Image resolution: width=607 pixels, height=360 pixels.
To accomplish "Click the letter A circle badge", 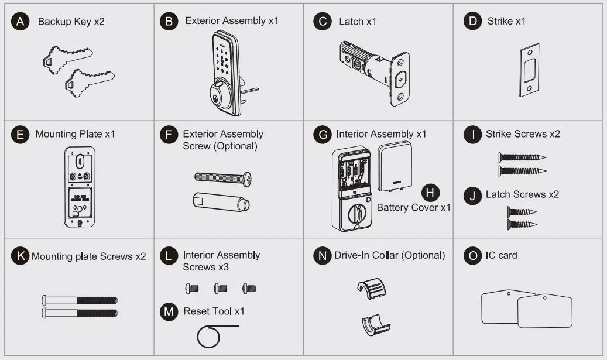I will [x=20, y=22].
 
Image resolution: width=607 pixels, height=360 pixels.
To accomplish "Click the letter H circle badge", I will [x=431, y=192].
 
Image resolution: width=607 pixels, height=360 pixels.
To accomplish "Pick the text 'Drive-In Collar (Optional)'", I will [x=389, y=256].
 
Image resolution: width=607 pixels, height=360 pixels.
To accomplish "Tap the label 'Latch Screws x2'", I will [x=522, y=194].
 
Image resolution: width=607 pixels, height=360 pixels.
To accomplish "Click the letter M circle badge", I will [x=169, y=311].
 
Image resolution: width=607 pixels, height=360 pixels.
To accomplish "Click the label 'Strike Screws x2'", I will [x=523, y=134].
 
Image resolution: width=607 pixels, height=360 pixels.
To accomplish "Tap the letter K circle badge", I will [x=20, y=256].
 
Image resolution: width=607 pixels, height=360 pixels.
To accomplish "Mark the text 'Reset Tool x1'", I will [x=214, y=311].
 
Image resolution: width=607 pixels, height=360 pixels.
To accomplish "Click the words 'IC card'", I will [x=501, y=256].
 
